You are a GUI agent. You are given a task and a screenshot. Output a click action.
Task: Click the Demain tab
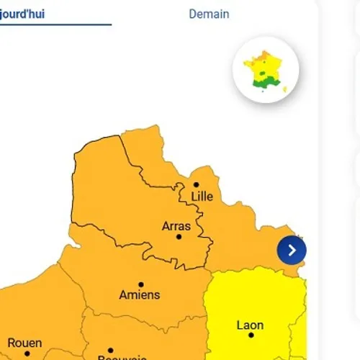point(209,14)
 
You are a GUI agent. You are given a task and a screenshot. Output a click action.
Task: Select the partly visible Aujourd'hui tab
point(22,14)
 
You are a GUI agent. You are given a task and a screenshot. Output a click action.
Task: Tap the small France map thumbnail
point(266,70)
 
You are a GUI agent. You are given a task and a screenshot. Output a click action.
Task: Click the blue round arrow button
point(292,250)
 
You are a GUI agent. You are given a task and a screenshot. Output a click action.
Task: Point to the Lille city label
point(202,197)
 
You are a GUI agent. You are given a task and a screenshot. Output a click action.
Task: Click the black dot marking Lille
point(196,184)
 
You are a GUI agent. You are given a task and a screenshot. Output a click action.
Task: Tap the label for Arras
point(176,226)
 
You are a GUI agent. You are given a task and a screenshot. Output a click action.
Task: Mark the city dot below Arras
point(179,237)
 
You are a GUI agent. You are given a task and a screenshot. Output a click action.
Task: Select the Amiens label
point(140,294)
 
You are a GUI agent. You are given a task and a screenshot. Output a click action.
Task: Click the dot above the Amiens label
point(141,284)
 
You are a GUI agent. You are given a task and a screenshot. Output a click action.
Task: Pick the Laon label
point(250,325)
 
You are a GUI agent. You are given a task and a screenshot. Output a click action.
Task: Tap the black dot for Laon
point(251,336)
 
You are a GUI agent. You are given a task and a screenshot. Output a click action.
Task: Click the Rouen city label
point(24,343)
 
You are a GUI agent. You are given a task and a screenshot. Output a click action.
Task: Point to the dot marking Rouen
point(27,354)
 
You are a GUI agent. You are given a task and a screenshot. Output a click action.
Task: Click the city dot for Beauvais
point(110,351)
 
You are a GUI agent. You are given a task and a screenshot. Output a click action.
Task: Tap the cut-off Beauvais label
point(122,357)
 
